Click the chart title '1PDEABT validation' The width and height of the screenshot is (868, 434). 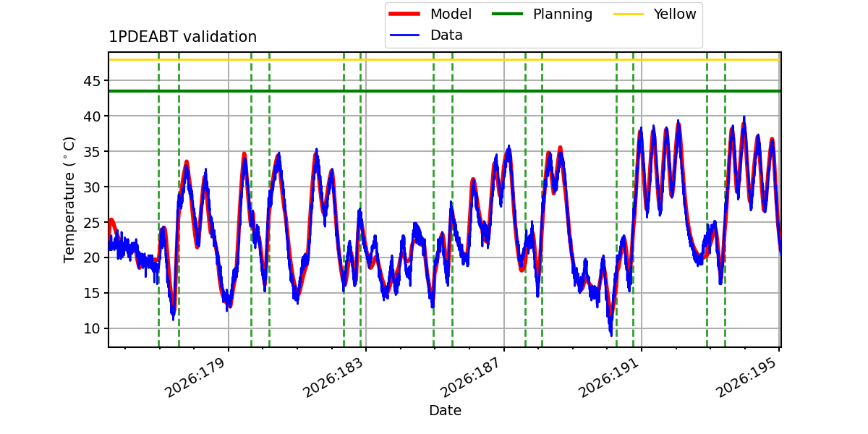pyautogui.click(x=182, y=37)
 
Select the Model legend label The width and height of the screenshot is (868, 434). pyautogui.click(x=451, y=14)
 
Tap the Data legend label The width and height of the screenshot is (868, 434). pyautogui.click(x=446, y=35)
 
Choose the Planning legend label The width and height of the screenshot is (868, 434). pyautogui.click(x=563, y=14)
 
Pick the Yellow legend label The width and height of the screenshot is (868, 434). pyautogui.click(x=675, y=14)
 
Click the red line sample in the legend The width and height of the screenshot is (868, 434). pyautogui.click(x=404, y=14)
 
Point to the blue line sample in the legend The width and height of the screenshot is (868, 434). pyautogui.click(x=404, y=35)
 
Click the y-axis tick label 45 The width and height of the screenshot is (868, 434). pyautogui.click(x=92, y=81)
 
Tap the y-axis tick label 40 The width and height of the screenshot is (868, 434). pyautogui.click(x=92, y=116)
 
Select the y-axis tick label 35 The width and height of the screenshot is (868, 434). pyautogui.click(x=92, y=151)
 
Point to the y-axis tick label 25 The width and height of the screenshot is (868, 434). pyautogui.click(x=92, y=223)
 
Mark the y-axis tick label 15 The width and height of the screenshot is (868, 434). pyautogui.click(x=92, y=294)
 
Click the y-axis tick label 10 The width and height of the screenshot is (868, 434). pyautogui.click(x=92, y=328)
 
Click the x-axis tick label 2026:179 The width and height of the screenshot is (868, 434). pyautogui.click(x=195, y=378)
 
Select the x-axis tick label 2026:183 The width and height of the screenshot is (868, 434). pyautogui.click(x=333, y=378)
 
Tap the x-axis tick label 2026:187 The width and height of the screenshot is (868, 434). pyautogui.click(x=471, y=378)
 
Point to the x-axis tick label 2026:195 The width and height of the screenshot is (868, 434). pyautogui.click(x=746, y=378)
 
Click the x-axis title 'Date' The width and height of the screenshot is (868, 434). pyautogui.click(x=446, y=410)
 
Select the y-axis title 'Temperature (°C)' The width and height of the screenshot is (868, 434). pyautogui.click(x=69, y=200)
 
